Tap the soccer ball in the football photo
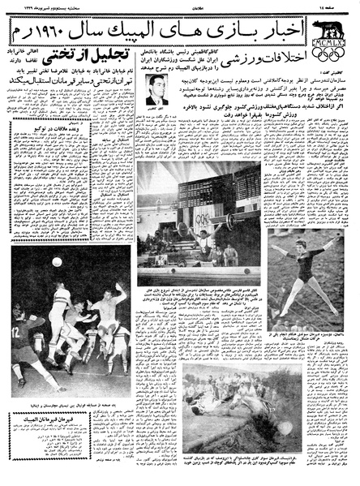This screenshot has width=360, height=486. coord(57,262)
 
